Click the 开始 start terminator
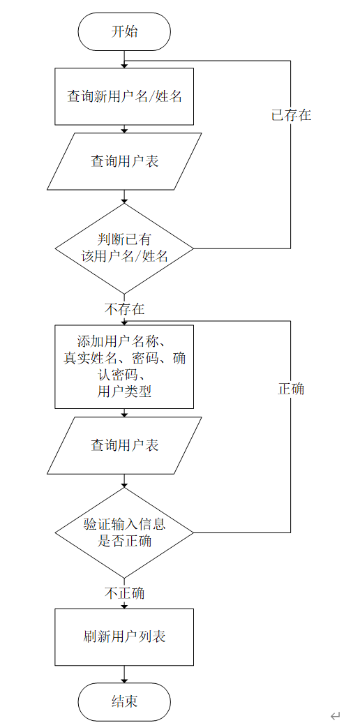pyautogui.click(x=124, y=31)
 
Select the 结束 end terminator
pyautogui.click(x=124, y=701)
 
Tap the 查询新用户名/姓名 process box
pyautogui.click(x=124, y=96)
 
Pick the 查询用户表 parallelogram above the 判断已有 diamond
pyautogui.click(x=124, y=161)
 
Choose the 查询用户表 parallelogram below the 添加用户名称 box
pyautogui.click(x=124, y=445)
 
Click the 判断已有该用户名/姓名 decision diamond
pyautogui.click(x=124, y=248)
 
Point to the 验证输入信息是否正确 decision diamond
pyautogui.click(x=124, y=532)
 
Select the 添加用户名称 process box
pyautogui.click(x=124, y=366)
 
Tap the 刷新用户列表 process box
pyautogui.click(x=124, y=637)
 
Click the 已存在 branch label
pyautogui.click(x=291, y=115)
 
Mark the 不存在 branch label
pyautogui.click(x=124, y=308)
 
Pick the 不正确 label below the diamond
pyautogui.click(x=124, y=593)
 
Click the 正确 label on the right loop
pyautogui.click(x=291, y=389)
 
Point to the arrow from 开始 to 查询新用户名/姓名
pyautogui.click(x=124, y=59)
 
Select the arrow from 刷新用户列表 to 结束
pyautogui.click(x=124, y=674)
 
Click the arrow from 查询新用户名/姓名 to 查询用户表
pyautogui.click(x=124, y=129)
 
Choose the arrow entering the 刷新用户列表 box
pyautogui.click(x=124, y=604)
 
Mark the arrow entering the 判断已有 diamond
pyautogui.click(x=124, y=197)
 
